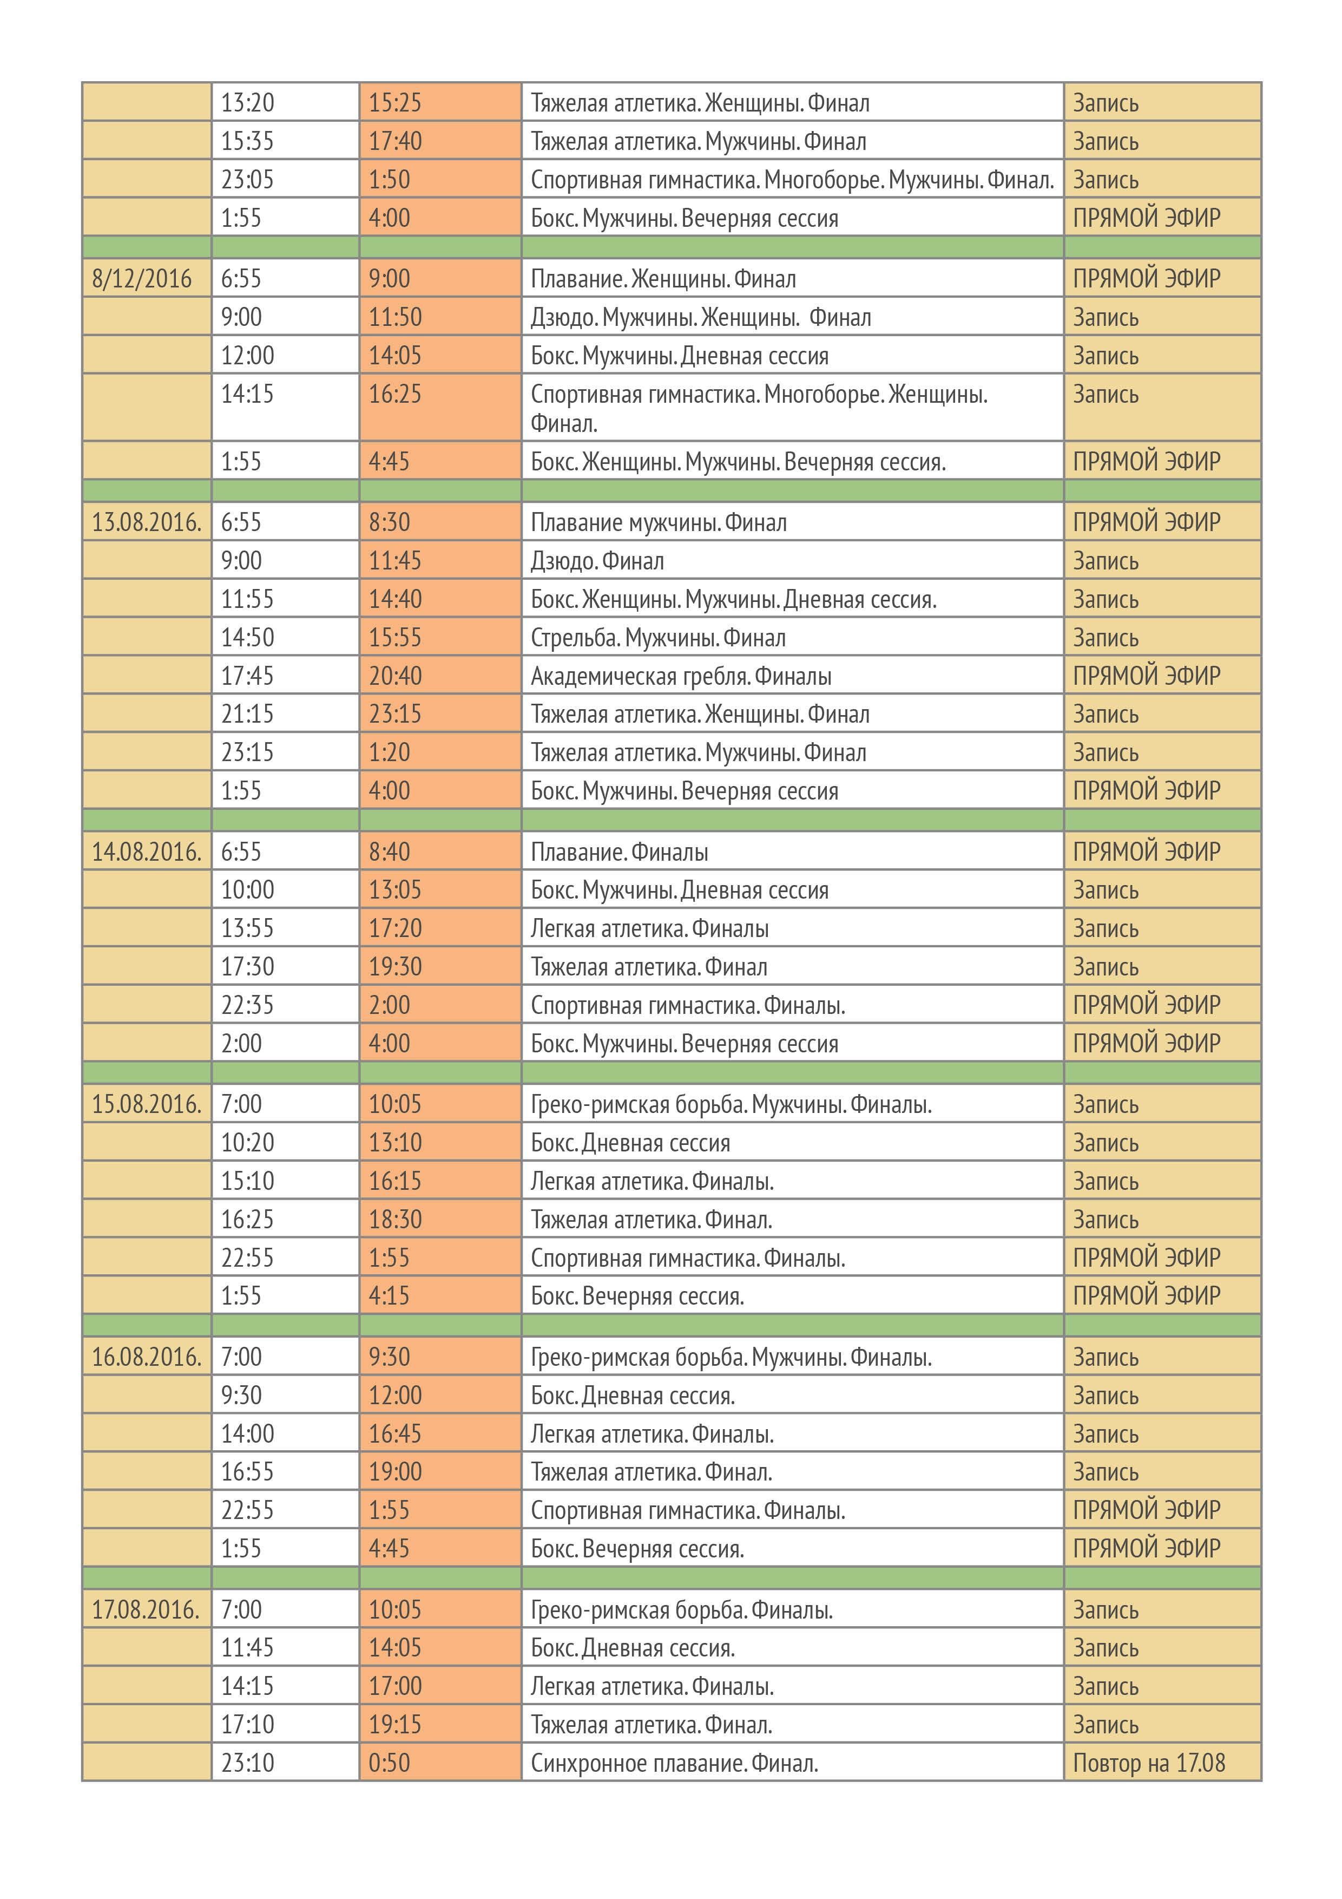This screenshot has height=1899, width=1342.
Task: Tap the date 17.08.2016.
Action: (x=146, y=1609)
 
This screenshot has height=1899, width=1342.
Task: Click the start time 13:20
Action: (x=247, y=102)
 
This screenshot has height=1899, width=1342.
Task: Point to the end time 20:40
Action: (x=395, y=676)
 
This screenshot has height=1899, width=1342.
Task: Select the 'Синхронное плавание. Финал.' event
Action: (x=674, y=1763)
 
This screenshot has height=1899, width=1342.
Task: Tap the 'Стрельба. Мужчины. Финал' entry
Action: (x=658, y=638)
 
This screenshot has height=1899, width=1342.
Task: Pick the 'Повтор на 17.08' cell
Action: (x=1148, y=1763)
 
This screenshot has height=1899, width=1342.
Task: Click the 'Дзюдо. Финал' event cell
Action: (x=597, y=561)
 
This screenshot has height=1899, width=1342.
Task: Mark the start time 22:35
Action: (x=247, y=1005)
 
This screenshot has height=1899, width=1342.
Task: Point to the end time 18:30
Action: (x=395, y=1219)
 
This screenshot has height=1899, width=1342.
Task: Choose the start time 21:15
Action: (x=247, y=714)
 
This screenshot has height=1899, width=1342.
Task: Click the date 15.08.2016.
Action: (x=146, y=1104)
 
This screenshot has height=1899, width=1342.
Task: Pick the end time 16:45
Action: (x=395, y=1433)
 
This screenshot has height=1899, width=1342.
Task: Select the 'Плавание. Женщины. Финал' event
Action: (x=663, y=279)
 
